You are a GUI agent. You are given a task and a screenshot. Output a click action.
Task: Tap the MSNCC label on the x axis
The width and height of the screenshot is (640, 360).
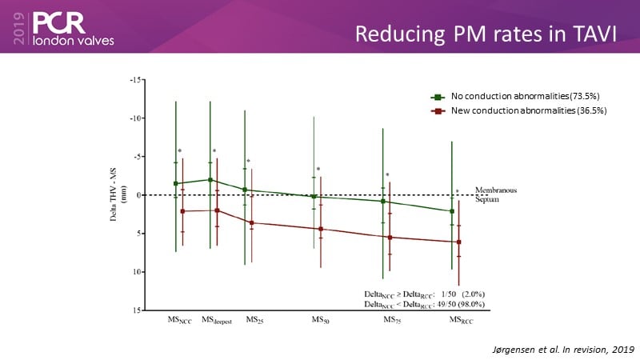pyautogui.click(x=178, y=321)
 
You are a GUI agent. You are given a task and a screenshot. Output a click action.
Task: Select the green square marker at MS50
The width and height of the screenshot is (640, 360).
pyautogui.click(x=314, y=196)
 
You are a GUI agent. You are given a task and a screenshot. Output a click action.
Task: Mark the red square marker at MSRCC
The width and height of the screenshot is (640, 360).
pyautogui.click(x=458, y=242)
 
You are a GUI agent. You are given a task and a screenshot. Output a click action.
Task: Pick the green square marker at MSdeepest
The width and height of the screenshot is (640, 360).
pyautogui.click(x=210, y=180)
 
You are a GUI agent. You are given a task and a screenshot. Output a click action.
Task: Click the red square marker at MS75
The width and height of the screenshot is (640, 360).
pyautogui.click(x=390, y=238)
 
